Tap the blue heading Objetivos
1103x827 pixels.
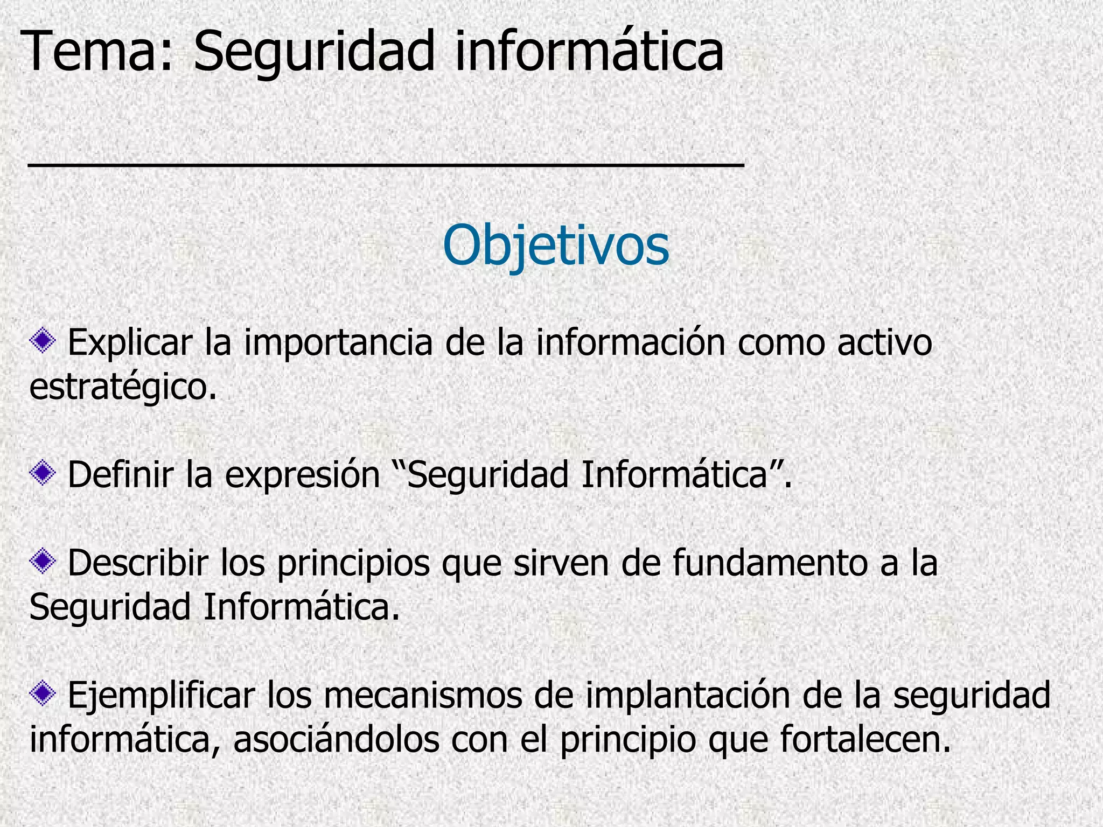coord(555,246)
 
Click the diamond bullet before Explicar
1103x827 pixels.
coord(43,341)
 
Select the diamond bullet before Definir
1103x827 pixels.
coord(43,473)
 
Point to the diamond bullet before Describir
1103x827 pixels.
coord(43,562)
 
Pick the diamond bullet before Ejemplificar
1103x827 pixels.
coord(43,694)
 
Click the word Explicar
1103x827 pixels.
coord(130,343)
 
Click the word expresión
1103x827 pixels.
coord(303,475)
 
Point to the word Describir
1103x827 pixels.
coord(138,563)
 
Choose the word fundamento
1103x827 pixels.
coord(770,563)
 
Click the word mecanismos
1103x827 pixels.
coord(422,695)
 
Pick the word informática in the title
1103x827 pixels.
coord(589,52)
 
